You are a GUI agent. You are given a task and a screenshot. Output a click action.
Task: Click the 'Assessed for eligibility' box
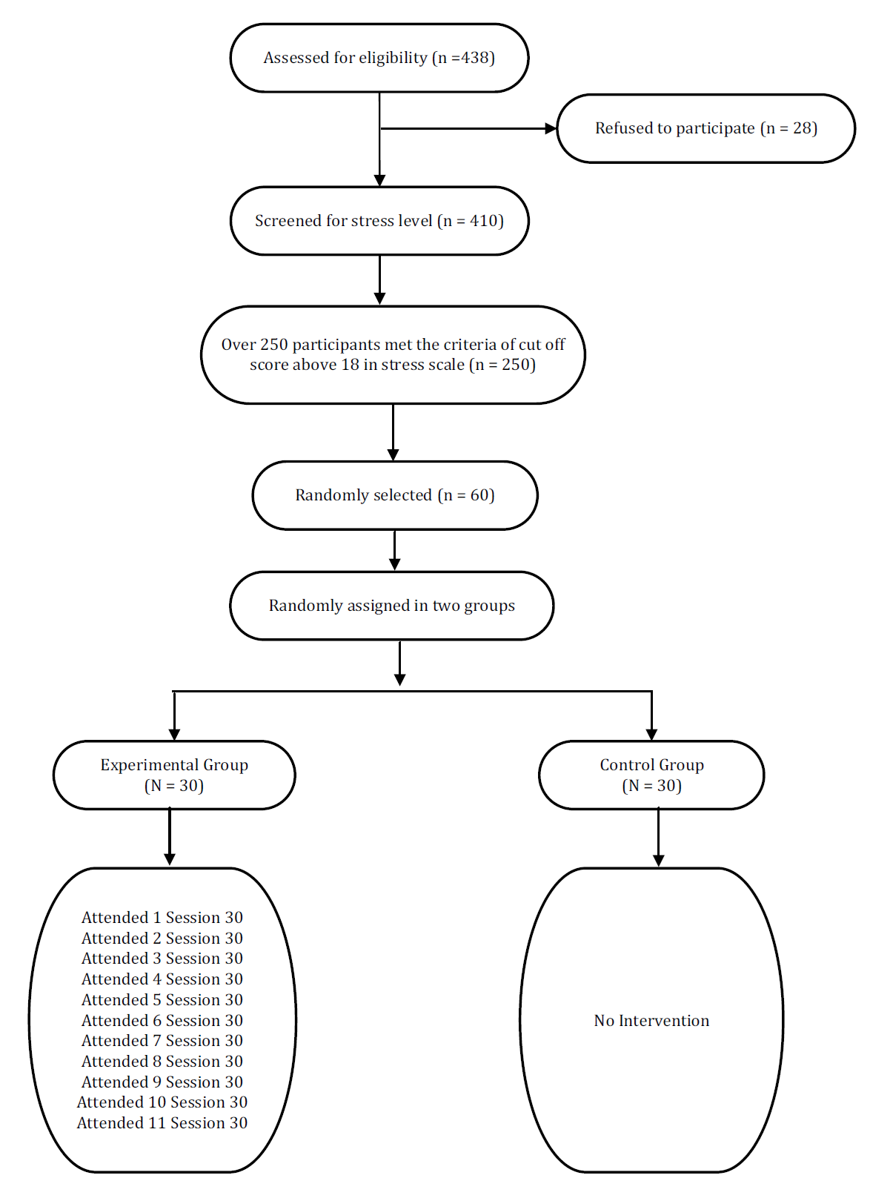pos(379,57)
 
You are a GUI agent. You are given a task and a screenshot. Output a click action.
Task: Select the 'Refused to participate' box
pos(706,128)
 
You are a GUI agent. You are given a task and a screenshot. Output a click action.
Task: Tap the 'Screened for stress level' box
pos(379,221)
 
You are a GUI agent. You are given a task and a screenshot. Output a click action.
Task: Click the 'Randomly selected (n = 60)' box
pos(395,494)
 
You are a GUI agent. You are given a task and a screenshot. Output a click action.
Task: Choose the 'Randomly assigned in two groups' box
pos(391,606)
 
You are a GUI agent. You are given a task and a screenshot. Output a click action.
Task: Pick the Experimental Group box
pos(174,775)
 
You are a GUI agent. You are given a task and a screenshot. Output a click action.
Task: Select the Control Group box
pos(652,775)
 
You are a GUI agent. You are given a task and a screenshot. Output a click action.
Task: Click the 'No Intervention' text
pos(651,1020)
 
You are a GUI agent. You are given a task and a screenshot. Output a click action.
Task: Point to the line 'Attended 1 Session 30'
pos(162,917)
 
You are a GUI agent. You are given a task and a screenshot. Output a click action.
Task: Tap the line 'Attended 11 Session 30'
pos(162,1122)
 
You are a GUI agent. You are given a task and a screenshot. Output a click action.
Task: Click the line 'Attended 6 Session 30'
pos(162,1020)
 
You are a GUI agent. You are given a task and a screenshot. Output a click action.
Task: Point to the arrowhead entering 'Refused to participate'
pos(551,128)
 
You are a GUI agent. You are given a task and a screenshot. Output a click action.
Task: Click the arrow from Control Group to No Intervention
pos(658,838)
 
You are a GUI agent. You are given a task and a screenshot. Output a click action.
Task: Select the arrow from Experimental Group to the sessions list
pos(170,837)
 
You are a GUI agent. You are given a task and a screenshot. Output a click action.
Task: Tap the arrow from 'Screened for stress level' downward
pos(379,280)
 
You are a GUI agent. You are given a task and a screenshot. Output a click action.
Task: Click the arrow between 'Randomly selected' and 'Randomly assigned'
pos(395,550)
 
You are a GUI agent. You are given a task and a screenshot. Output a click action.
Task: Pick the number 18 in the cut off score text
pos(350,365)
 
